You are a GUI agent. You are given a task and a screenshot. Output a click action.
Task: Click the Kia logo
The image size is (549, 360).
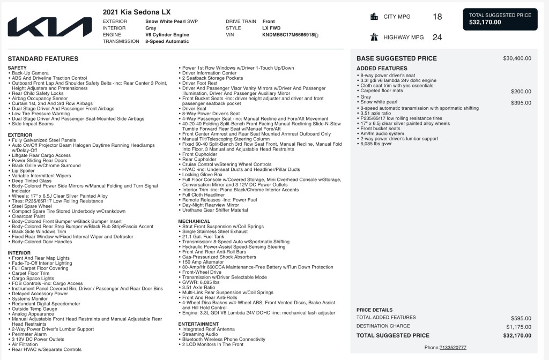(49, 27)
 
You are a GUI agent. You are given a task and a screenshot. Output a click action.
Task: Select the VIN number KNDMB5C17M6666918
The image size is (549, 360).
(287, 35)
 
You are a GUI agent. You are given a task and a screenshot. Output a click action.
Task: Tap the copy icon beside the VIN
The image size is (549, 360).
(316, 35)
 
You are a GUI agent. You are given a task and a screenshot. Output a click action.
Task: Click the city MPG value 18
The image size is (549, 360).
(437, 17)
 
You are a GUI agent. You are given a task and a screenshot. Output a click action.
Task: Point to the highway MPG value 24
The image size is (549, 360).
(437, 37)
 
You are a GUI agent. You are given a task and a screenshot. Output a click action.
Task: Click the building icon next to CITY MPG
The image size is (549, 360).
(374, 17)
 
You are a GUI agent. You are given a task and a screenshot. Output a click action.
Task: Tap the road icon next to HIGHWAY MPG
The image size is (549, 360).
(374, 37)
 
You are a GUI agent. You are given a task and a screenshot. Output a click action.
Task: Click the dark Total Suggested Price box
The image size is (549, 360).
(500, 19)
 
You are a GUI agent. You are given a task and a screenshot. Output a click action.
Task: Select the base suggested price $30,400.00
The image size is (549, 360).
(517, 58)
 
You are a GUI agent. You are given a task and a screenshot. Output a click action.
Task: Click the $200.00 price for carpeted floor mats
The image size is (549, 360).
(521, 91)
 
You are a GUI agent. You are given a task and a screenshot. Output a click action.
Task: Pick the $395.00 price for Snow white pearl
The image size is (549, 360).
(521, 102)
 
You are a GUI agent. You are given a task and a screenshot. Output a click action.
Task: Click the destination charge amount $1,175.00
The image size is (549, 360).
(518, 327)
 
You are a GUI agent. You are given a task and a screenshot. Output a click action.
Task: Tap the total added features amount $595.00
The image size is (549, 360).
(521, 318)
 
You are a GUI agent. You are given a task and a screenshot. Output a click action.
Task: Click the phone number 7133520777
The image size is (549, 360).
(452, 348)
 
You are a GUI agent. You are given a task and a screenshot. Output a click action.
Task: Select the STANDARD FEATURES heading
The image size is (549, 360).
(43, 59)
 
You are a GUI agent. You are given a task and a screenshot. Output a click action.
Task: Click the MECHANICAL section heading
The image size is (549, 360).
(194, 221)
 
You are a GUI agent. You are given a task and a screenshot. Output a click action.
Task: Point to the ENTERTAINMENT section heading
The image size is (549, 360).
(198, 324)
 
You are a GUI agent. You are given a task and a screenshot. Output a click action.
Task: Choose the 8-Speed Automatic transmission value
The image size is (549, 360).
(167, 41)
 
